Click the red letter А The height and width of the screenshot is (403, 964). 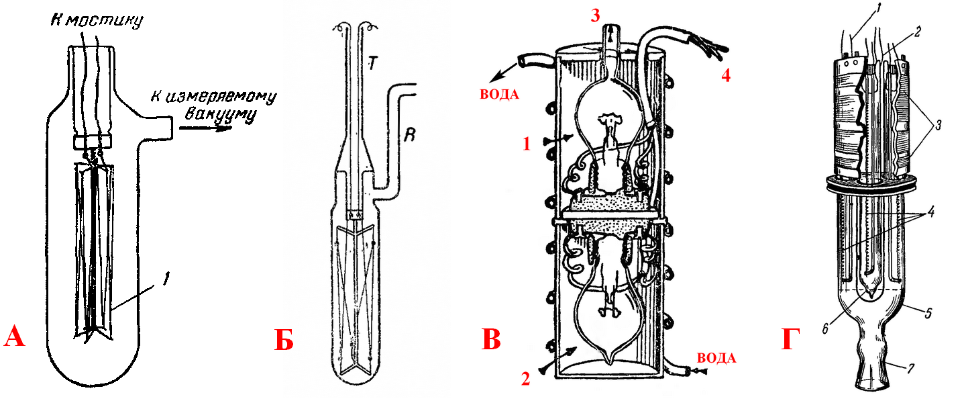[14, 337]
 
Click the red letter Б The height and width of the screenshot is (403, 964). [284, 340]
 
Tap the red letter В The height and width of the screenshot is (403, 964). [491, 339]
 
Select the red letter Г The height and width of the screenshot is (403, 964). [791, 339]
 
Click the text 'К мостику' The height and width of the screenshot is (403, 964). [97, 20]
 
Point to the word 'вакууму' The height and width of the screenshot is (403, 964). [220, 116]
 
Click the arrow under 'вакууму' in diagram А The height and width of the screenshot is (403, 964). [206, 128]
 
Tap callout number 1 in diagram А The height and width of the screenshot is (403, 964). [166, 279]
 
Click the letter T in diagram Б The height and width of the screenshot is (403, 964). [373, 64]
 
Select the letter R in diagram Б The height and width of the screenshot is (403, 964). [410, 135]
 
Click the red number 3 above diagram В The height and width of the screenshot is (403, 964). [595, 15]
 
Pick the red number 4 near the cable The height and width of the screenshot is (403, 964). [726, 75]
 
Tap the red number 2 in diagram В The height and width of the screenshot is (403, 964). [525, 378]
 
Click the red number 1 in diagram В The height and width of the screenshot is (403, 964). [527, 144]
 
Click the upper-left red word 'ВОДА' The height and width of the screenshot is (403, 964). [499, 95]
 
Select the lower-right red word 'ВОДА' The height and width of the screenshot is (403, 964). [716, 358]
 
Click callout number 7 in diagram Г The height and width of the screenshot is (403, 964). [910, 369]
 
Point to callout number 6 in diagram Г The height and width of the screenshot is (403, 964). [825, 329]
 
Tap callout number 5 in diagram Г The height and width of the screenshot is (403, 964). [928, 313]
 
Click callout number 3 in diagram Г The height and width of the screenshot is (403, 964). [939, 126]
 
